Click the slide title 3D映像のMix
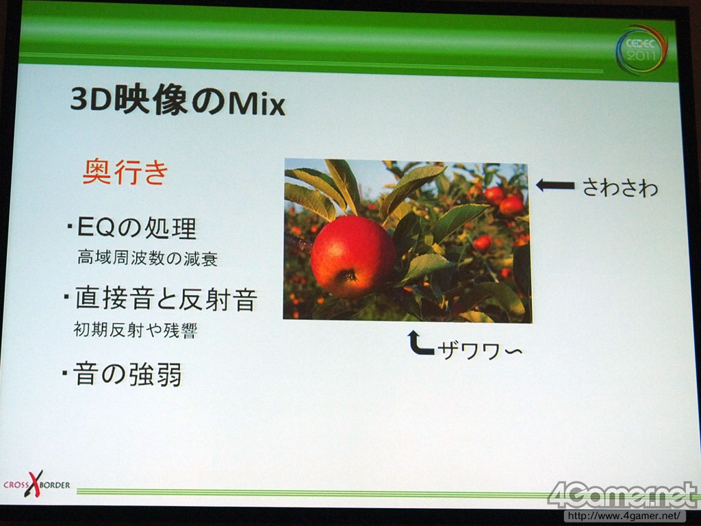(x=177, y=101)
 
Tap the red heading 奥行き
(x=126, y=171)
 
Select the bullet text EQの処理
(x=136, y=227)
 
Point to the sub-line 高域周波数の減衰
(x=148, y=258)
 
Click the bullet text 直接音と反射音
(x=166, y=299)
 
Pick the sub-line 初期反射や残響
(x=135, y=330)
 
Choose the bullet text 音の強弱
(x=127, y=374)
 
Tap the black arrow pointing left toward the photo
(x=555, y=185)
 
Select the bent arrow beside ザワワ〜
(x=420, y=344)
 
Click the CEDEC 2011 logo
(x=641, y=49)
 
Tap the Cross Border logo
(x=37, y=484)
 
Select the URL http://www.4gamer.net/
(x=624, y=516)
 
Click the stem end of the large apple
(x=347, y=275)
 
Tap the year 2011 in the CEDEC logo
(x=641, y=56)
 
